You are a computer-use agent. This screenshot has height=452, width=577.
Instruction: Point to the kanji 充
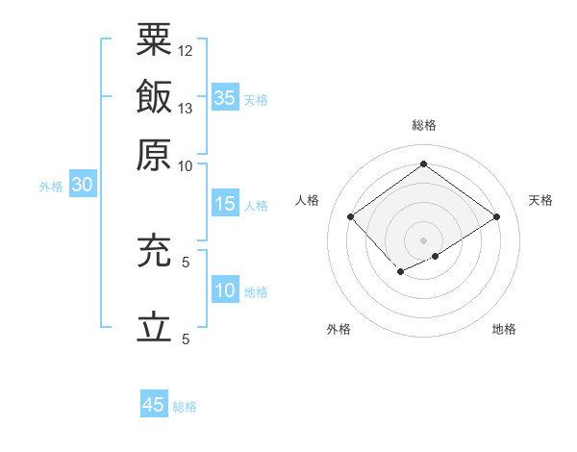154,252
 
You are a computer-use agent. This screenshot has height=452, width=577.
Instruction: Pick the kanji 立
154,328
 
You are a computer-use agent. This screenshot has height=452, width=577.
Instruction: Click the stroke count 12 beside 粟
186,50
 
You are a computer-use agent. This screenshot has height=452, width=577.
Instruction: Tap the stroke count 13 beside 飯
186,108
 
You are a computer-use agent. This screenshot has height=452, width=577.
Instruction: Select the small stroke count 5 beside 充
186,262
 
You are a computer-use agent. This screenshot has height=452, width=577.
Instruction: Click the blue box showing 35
225,98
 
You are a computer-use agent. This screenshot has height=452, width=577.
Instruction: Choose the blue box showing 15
225,204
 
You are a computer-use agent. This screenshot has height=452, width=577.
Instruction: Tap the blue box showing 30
82,186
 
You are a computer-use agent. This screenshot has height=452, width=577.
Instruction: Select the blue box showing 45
154,405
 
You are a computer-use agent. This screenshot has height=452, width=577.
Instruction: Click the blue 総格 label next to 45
185,407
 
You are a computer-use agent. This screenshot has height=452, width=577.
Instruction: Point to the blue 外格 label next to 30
51,187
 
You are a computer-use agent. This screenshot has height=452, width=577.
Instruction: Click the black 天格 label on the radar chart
540,200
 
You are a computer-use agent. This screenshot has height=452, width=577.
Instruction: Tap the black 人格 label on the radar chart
308,200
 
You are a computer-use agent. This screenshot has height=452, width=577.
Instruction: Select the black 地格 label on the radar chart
504,330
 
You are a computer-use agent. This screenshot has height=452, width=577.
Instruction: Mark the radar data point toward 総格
423,163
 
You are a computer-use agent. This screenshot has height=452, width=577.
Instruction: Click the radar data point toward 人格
351,217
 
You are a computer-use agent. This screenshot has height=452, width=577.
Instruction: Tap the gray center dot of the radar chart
423,239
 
